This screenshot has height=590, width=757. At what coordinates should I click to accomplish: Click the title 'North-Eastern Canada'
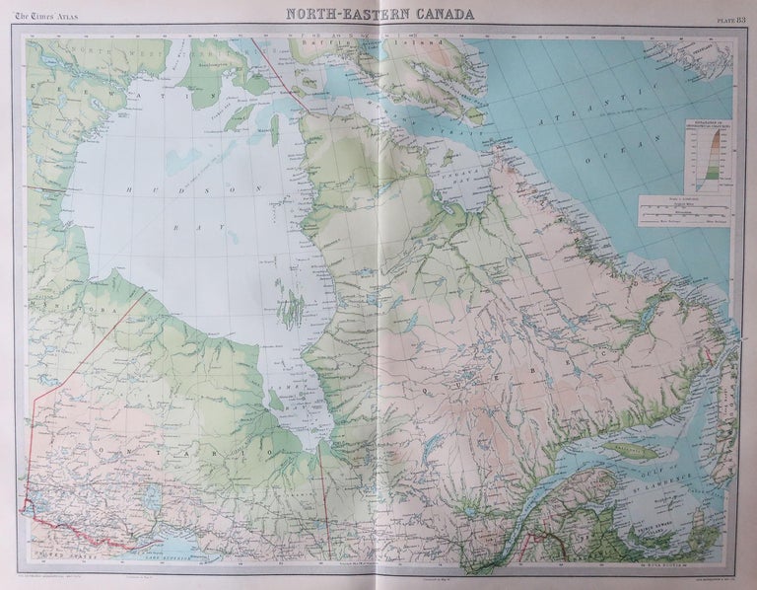coord(378,14)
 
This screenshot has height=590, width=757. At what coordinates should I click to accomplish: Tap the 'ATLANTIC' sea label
coord(591,109)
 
